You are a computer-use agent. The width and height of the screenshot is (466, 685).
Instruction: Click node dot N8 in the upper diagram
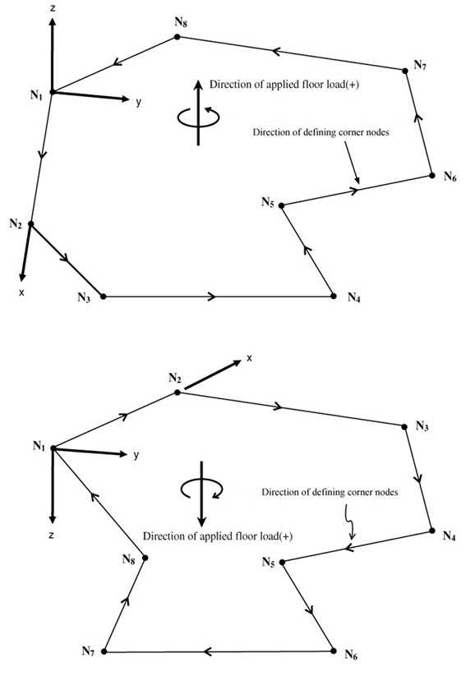[x=177, y=37]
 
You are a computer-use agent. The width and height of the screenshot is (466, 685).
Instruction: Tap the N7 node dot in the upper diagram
[x=405, y=71]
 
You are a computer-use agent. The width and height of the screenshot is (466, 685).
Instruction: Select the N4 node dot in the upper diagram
[x=334, y=297]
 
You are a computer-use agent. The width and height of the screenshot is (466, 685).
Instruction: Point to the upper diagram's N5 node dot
[x=282, y=205]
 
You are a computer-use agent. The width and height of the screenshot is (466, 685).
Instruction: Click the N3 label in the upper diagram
[x=84, y=298]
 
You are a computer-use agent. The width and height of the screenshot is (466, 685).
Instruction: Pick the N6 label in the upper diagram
[x=450, y=177]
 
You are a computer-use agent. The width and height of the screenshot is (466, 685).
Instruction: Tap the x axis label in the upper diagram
[x=21, y=292]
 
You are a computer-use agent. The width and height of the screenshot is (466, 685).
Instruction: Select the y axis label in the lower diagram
[x=136, y=455]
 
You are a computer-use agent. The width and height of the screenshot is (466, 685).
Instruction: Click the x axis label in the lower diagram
[x=250, y=358]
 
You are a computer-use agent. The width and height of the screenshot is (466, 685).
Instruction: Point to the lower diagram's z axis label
[x=52, y=535]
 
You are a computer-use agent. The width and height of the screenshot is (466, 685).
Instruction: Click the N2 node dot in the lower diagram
[x=177, y=393]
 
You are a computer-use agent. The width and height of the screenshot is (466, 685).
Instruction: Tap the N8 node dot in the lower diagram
[x=145, y=558]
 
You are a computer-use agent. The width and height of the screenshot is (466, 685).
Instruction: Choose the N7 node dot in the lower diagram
[x=104, y=651]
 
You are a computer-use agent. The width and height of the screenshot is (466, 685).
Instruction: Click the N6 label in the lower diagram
[x=352, y=655]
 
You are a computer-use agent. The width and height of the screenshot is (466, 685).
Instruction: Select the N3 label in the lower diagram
[x=422, y=426]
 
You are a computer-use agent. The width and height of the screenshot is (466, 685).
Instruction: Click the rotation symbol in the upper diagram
[x=199, y=116]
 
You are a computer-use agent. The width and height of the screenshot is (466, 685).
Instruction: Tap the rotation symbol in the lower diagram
[x=201, y=489]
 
